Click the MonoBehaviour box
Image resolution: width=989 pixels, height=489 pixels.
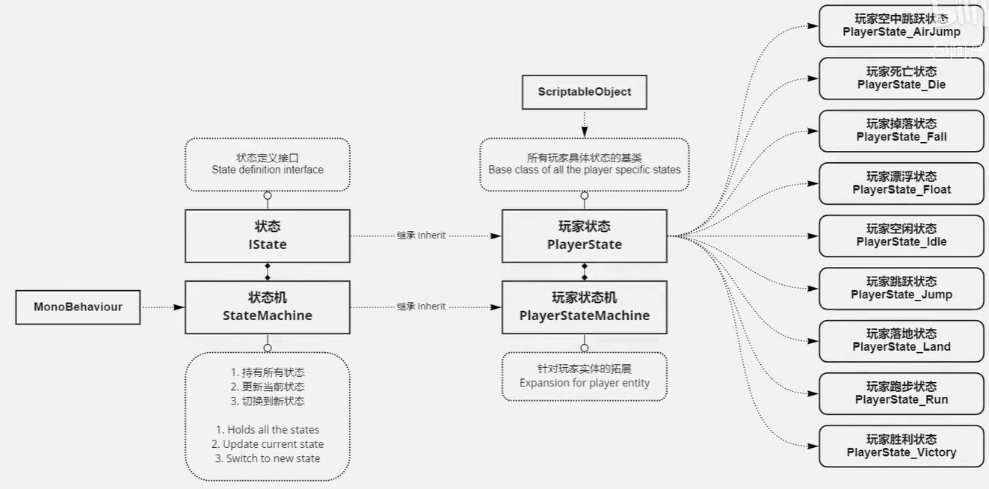coord(78,307)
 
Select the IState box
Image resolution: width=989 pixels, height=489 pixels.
coord(267,236)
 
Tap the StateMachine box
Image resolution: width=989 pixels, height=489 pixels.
coord(267,307)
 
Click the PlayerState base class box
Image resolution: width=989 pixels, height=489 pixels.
coord(584,236)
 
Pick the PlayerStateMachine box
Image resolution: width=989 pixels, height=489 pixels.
coord(584,307)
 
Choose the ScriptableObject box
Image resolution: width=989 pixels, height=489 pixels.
coord(584,92)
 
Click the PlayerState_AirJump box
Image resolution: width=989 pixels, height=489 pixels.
coord(901,25)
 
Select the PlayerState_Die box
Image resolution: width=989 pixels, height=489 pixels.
coord(901,78)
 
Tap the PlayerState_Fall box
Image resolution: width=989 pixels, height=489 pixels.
coord(901,130)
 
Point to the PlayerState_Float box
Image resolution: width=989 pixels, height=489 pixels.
coord(901,183)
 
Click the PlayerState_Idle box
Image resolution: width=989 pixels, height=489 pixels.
coord(901,236)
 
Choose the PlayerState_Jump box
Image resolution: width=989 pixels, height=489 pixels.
coord(901,288)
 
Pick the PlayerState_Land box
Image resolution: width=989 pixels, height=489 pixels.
coord(901,340)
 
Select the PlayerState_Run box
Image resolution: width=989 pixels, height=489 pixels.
coord(901,393)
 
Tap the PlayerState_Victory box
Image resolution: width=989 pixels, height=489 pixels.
coord(901,446)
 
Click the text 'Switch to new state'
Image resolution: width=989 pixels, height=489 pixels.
coord(268,458)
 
